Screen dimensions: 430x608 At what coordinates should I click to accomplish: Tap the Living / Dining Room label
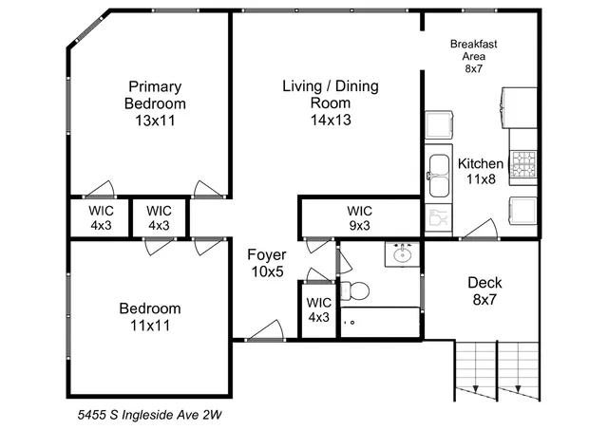[x=330, y=103]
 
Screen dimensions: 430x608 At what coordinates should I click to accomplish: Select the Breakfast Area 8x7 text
[x=473, y=56]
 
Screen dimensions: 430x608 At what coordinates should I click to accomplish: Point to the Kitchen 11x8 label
[x=481, y=171]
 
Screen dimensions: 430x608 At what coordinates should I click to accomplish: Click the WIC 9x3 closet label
[x=359, y=217]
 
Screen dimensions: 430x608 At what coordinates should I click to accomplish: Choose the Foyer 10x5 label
[x=265, y=263]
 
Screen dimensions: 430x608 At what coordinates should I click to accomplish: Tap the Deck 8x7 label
[x=484, y=290]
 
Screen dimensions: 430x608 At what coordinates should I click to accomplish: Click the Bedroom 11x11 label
[x=149, y=317]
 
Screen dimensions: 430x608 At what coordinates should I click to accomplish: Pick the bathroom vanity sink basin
[x=402, y=253]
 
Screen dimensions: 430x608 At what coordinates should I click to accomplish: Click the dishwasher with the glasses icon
[x=437, y=219]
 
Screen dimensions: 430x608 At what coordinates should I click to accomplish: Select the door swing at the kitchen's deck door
[x=482, y=228]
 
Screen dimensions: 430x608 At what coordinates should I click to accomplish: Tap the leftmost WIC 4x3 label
[x=101, y=217]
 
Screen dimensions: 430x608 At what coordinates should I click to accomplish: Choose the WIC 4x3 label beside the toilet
[x=317, y=309]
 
